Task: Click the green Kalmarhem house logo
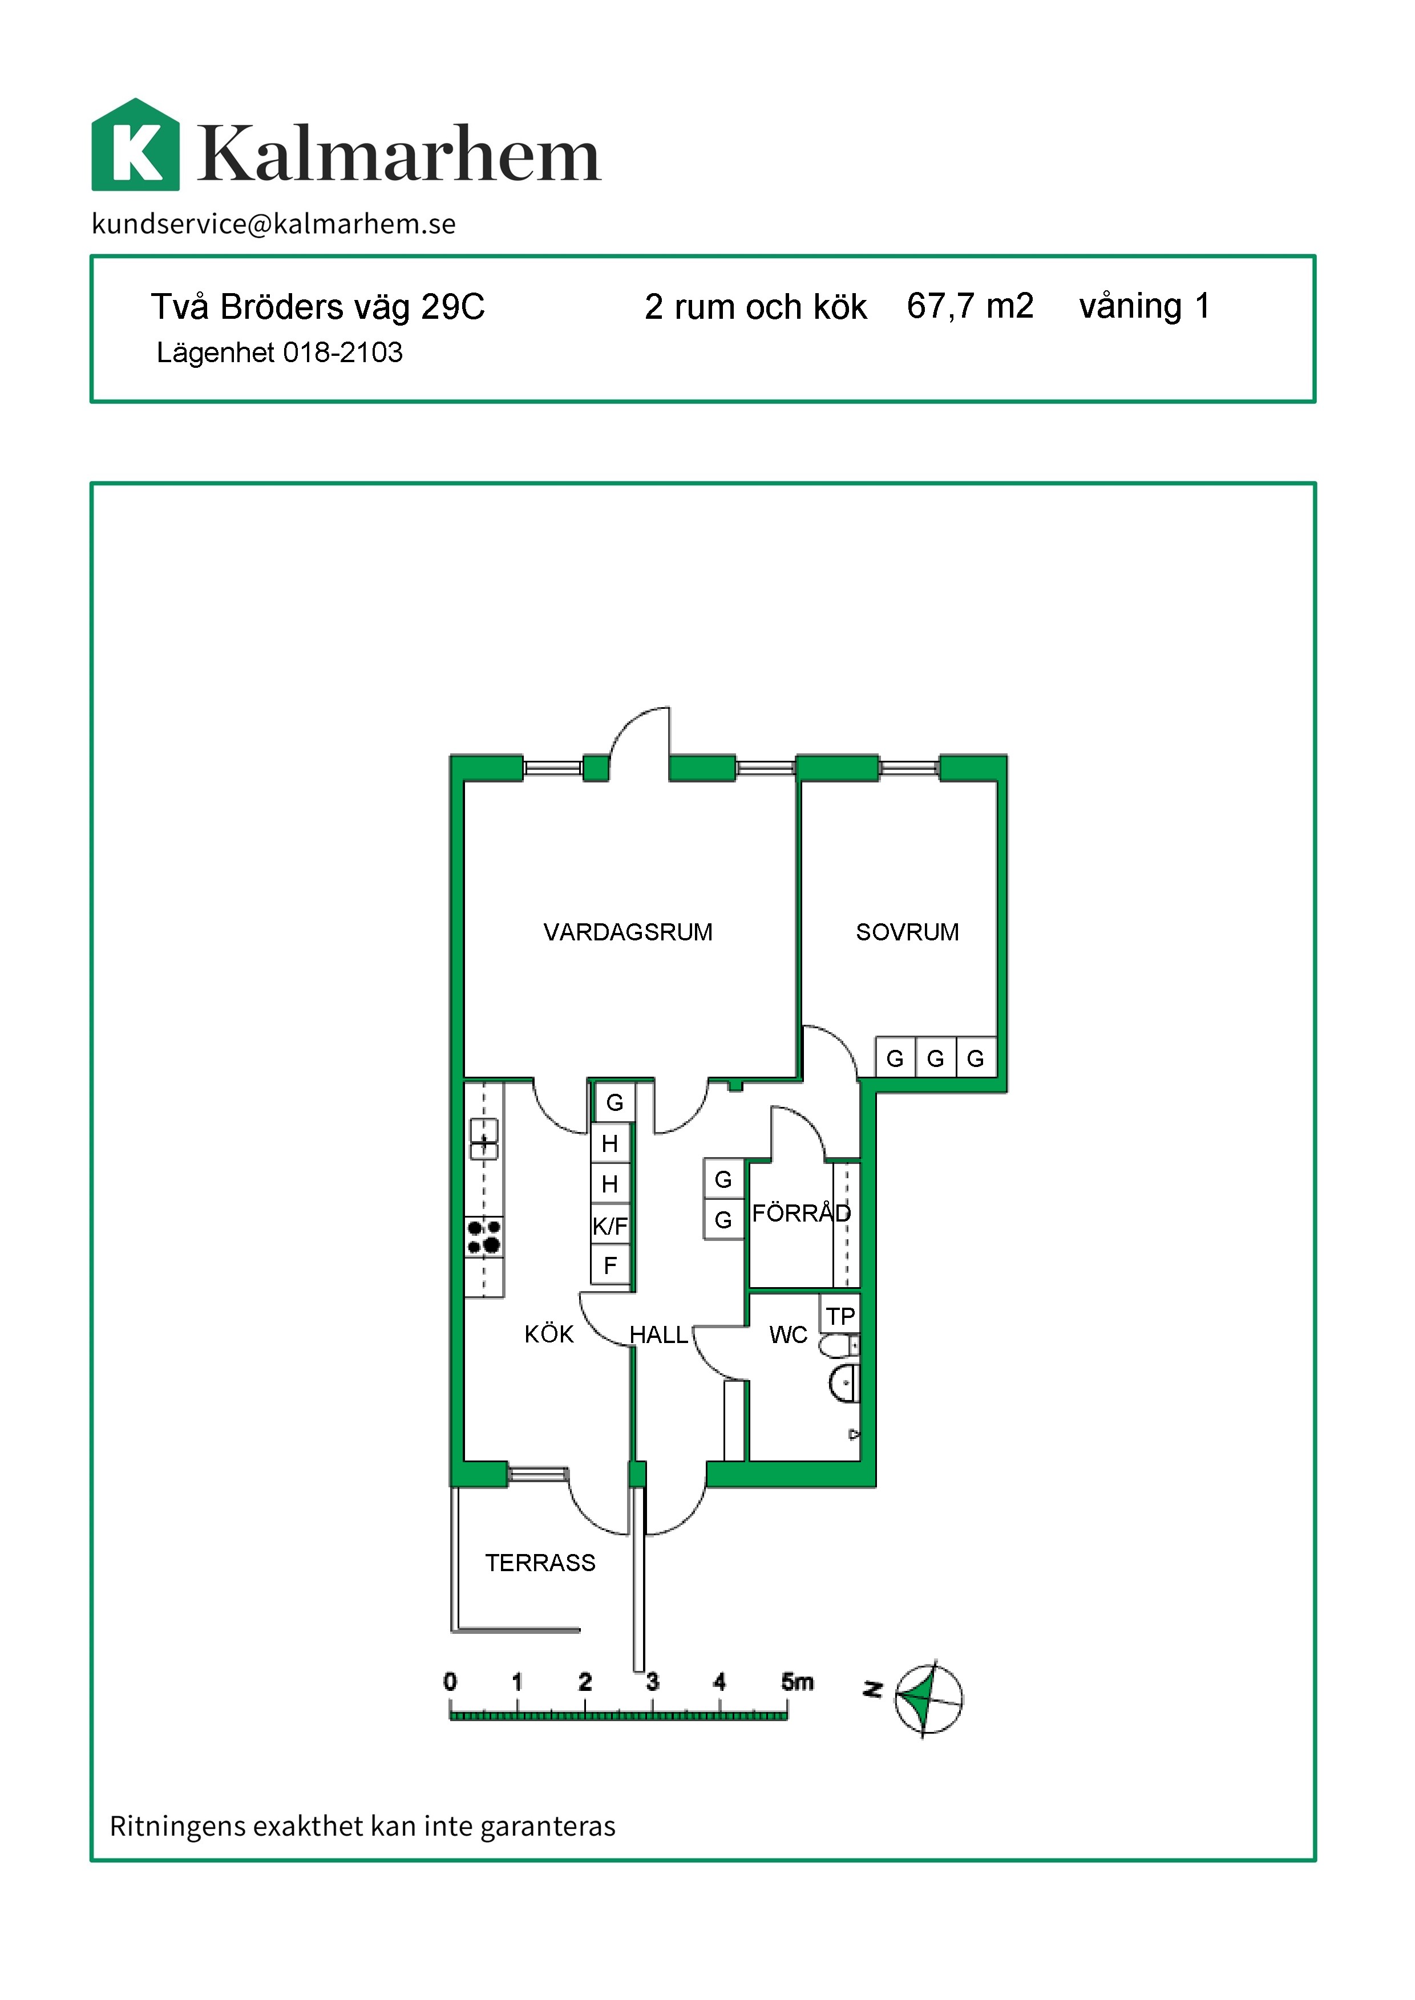136,145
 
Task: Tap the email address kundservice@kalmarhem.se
274,224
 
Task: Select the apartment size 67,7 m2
970,307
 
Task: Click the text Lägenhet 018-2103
280,353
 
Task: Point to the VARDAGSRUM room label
628,932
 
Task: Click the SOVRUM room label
907,932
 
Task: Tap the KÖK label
549,1334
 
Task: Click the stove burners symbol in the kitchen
484,1237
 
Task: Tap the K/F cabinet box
610,1226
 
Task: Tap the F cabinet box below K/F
610,1265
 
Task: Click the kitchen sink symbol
484,1138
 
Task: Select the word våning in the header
1130,307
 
